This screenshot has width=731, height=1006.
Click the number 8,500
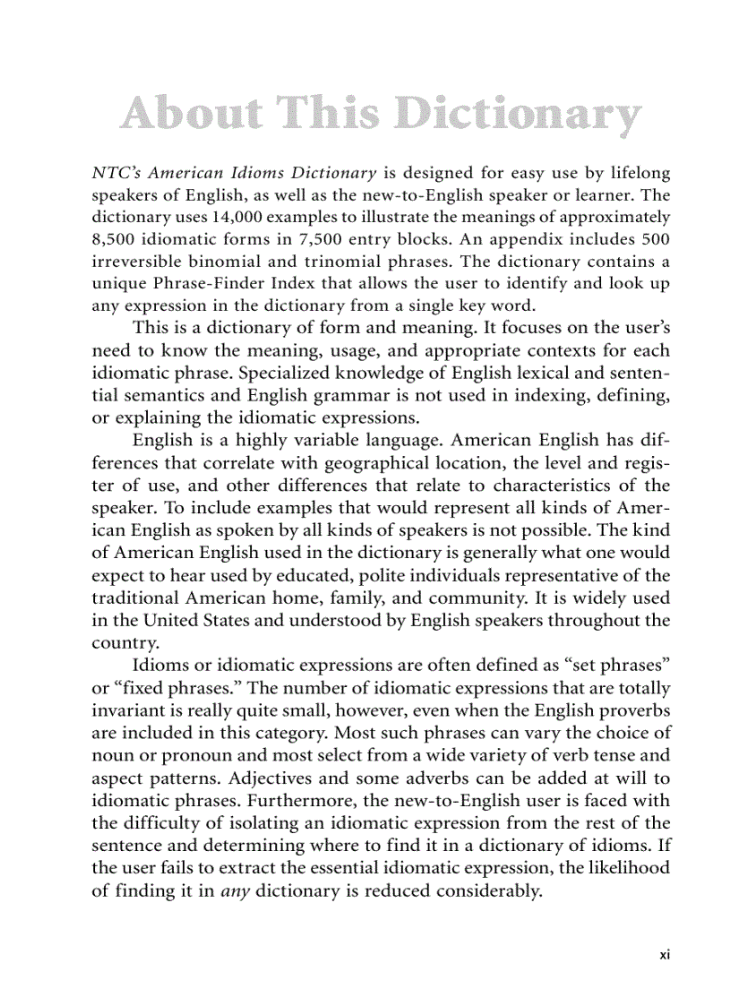point(114,238)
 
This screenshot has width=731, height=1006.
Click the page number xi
point(664,954)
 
